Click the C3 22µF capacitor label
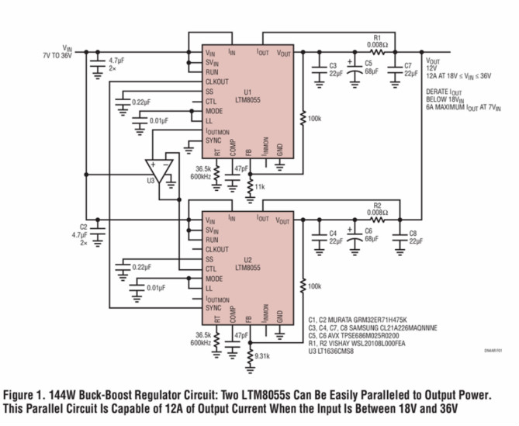coord(333,70)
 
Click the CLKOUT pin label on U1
coord(219,81)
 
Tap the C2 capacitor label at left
coord(83,227)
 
